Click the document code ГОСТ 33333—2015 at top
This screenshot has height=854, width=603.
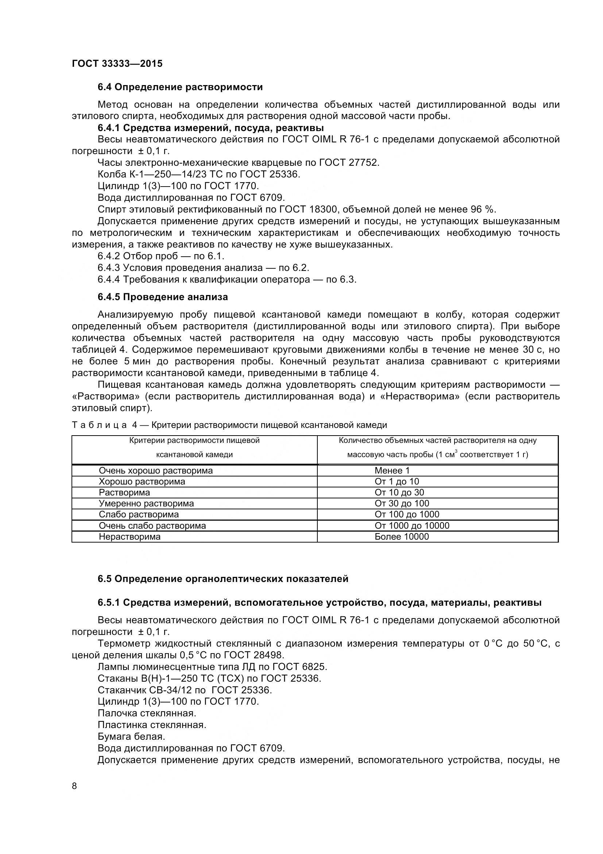tap(117, 64)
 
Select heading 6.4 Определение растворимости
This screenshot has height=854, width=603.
tap(180, 87)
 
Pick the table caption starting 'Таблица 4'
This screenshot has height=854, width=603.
tap(229, 425)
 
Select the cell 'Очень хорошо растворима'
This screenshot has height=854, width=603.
tap(156, 471)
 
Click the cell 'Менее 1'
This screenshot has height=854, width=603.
tap(392, 471)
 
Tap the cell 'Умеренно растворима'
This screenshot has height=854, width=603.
tap(146, 503)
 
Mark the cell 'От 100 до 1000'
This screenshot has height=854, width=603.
tap(407, 514)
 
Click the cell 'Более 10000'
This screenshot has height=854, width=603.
tap(402, 536)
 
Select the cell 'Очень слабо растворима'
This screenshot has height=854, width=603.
tap(152, 525)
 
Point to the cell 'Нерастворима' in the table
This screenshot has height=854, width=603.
tap(129, 536)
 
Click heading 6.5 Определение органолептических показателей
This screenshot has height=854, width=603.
tap(223, 579)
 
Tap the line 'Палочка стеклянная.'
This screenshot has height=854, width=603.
tap(147, 713)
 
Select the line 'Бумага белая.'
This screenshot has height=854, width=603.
tap(131, 736)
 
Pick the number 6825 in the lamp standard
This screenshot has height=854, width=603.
tap(314, 667)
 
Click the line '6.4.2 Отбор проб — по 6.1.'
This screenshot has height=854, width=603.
tap(161, 256)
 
